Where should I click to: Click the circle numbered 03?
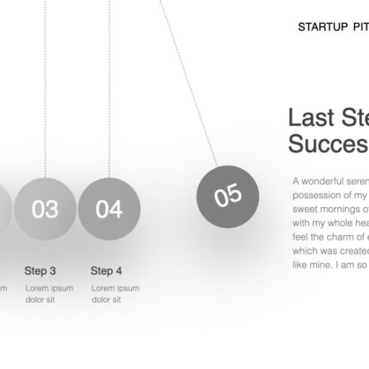click(45, 209)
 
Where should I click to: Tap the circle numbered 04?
click(109, 209)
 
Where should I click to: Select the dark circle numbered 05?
click(227, 196)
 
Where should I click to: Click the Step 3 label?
click(40, 270)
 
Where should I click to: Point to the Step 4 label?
click(106, 270)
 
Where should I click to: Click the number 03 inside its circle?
click(45, 209)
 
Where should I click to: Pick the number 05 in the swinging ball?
click(227, 196)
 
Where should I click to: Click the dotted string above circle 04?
click(109, 90)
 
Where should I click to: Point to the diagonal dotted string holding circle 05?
click(188, 83)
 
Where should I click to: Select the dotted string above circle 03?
click(45, 90)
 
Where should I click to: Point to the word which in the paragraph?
click(305, 251)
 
